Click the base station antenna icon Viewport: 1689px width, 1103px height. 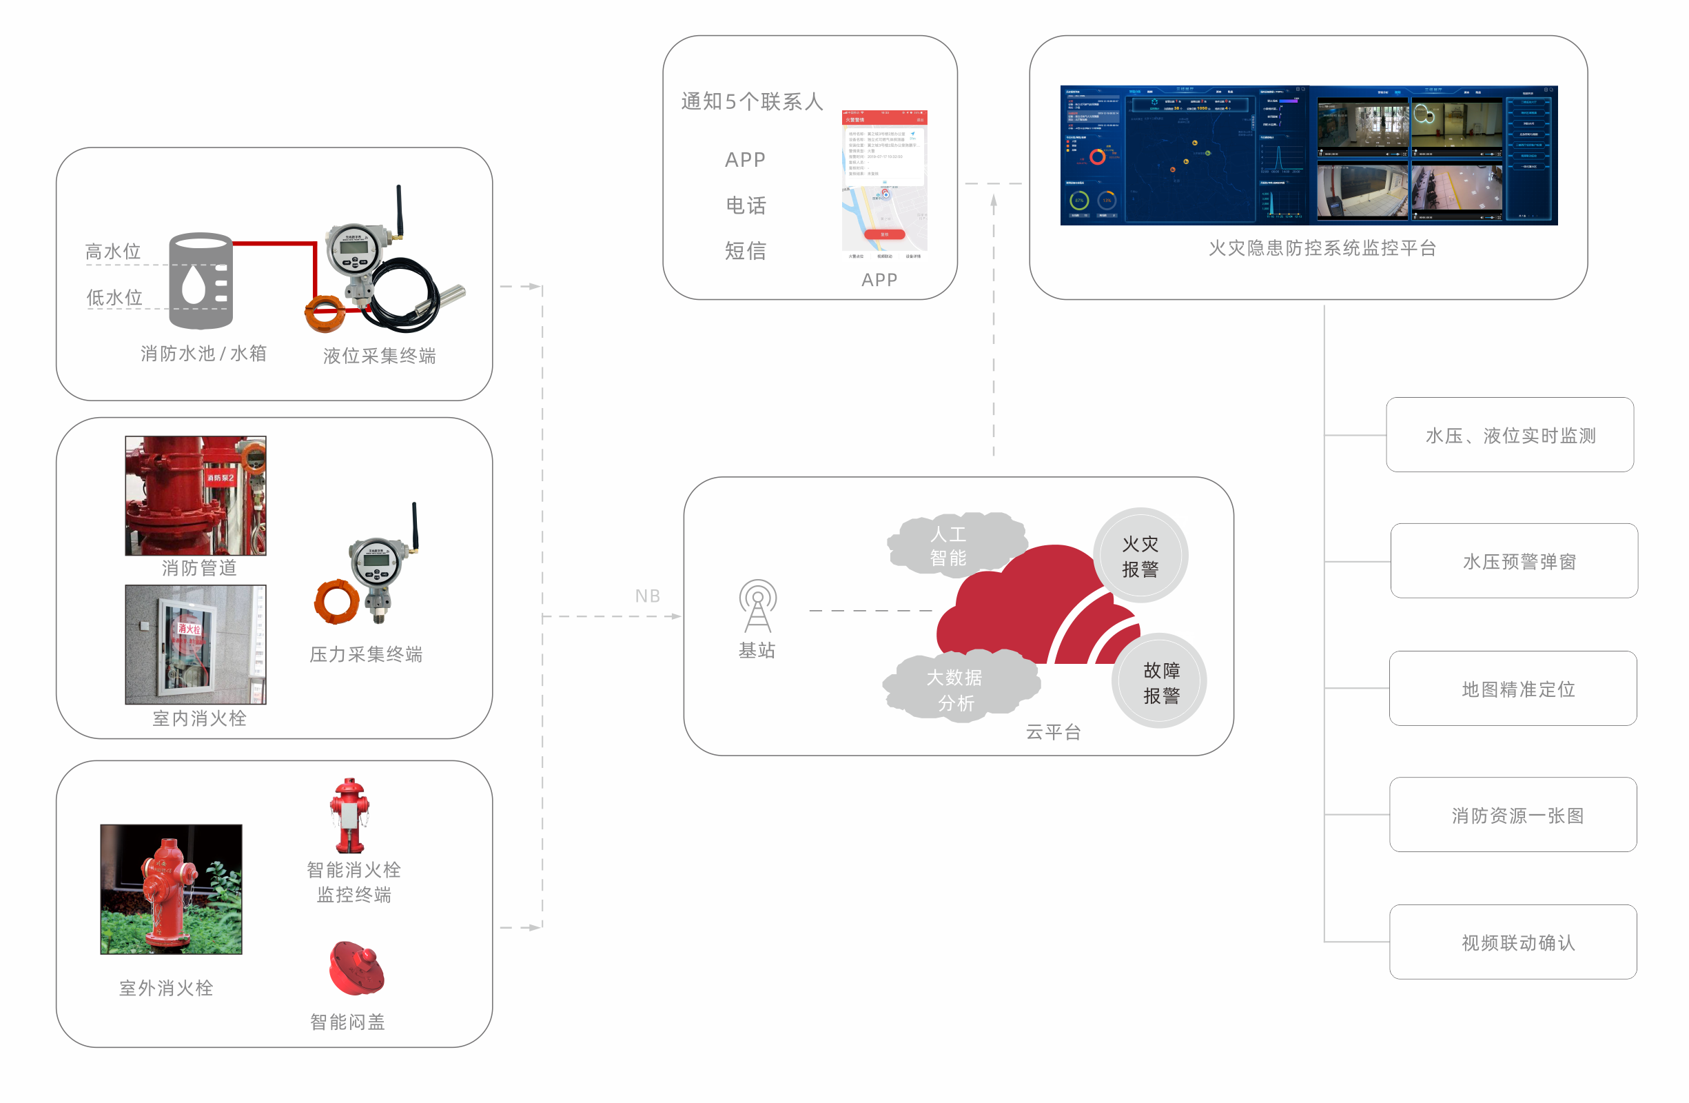click(757, 605)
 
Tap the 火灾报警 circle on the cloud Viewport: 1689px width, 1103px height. click(1140, 556)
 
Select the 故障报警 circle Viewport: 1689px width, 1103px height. click(1160, 681)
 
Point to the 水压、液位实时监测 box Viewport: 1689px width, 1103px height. click(1509, 434)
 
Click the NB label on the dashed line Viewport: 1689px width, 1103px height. click(647, 596)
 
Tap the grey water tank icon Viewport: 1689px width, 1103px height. click(201, 281)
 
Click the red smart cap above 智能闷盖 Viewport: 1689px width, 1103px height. click(356, 968)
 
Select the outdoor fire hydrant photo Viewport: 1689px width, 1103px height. click(171, 889)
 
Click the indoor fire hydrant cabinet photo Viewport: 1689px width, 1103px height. click(195, 645)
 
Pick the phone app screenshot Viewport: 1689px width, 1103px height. click(884, 183)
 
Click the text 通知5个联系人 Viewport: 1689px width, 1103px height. click(753, 101)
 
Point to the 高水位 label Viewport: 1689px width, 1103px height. click(113, 251)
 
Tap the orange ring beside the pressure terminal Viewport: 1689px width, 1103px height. click(336, 601)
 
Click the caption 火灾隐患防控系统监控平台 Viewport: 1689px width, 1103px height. click(1322, 247)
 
